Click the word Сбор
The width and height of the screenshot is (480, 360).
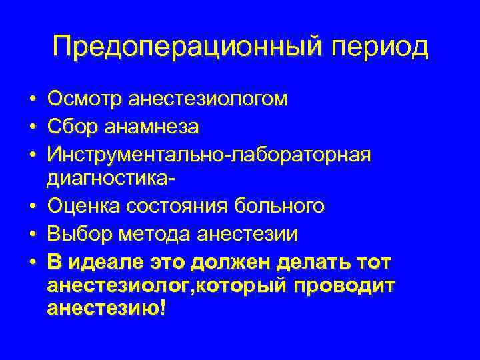click(71, 126)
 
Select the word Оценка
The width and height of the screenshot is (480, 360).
click(81, 206)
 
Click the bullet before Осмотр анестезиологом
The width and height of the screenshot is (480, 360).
click(32, 100)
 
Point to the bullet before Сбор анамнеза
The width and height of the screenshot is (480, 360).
click(32, 127)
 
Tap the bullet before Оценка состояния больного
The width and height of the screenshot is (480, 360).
click(32, 207)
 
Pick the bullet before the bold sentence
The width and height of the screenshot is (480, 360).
click(32, 261)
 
